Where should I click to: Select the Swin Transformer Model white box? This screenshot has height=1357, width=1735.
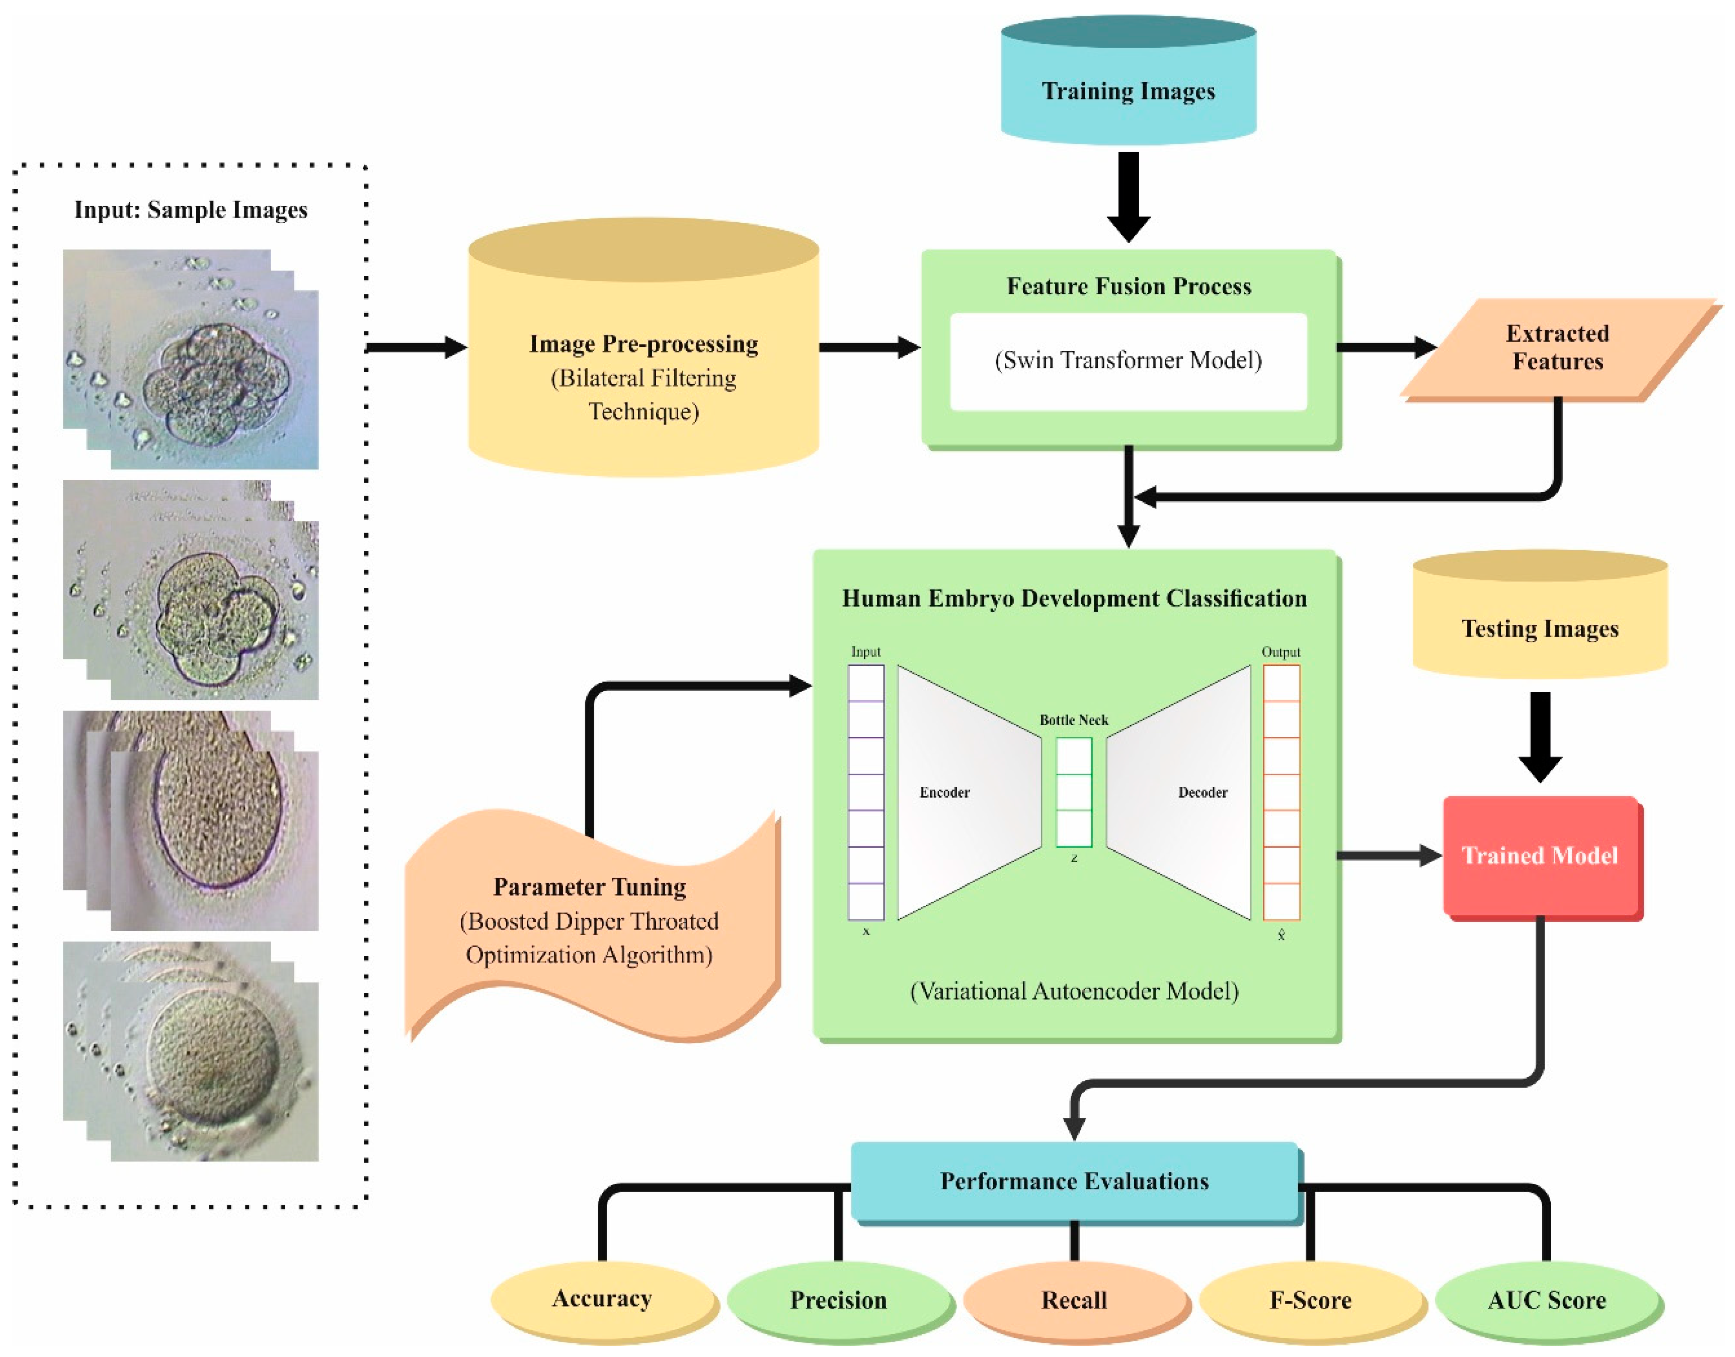coord(1128,362)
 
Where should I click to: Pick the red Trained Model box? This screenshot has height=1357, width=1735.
coord(1540,856)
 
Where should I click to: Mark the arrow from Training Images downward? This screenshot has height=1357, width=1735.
coord(1128,194)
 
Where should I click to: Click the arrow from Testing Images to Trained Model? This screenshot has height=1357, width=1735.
coord(1540,735)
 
